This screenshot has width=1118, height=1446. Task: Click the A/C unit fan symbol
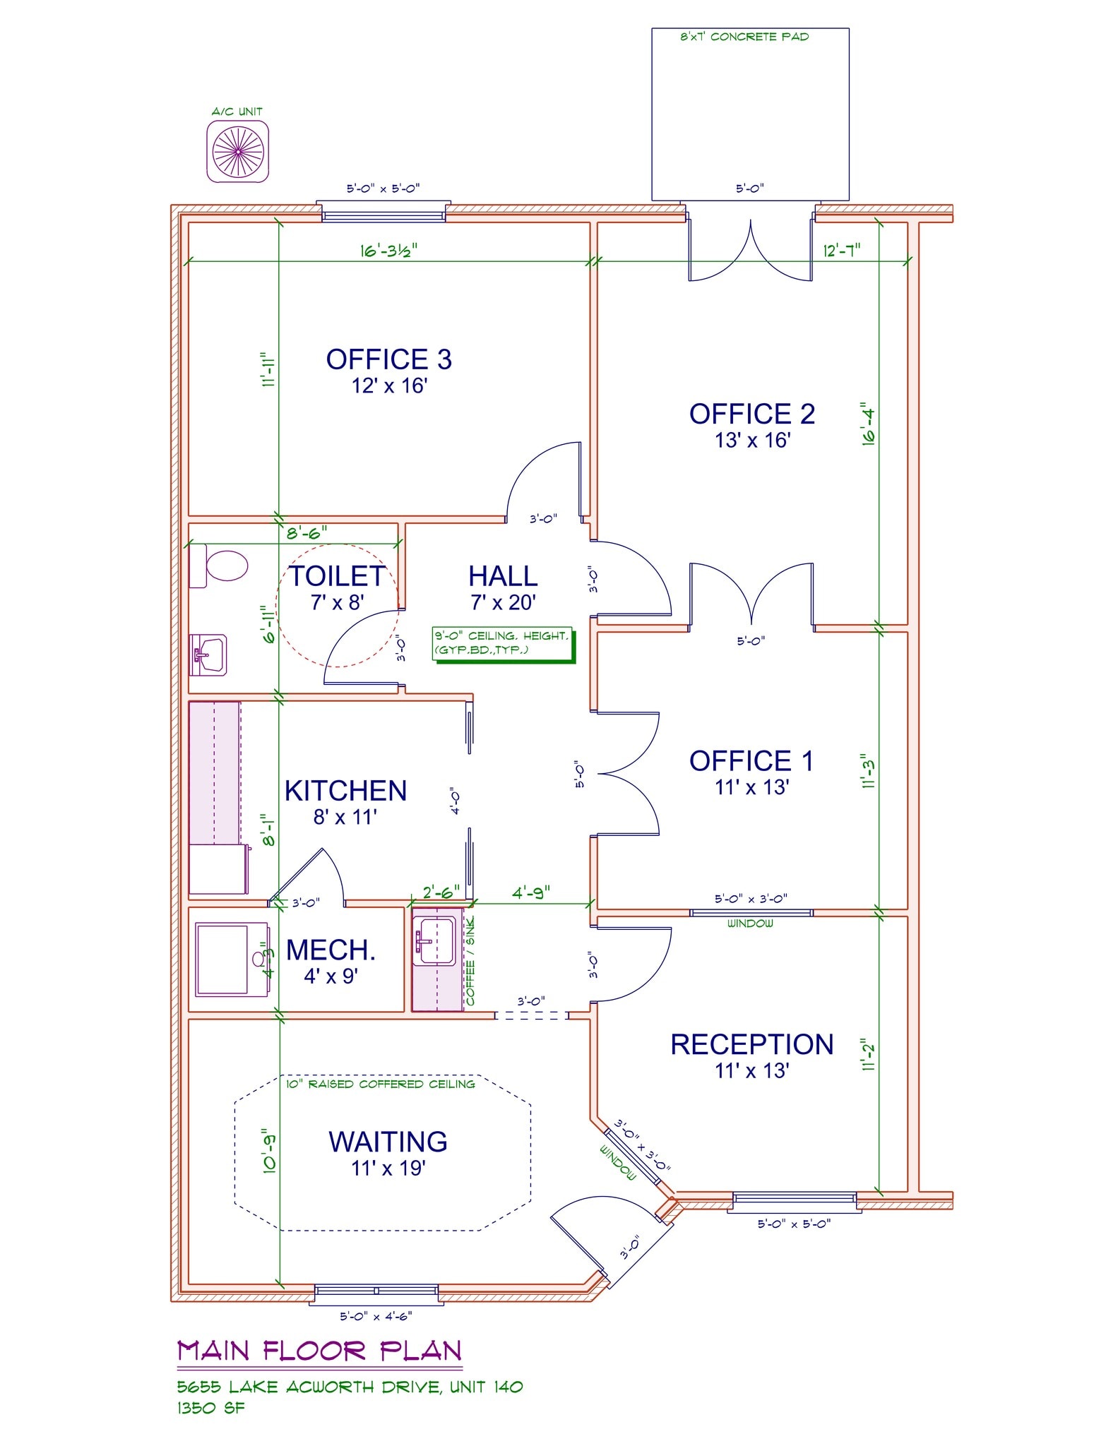238,151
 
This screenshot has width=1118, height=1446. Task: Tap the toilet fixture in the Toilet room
220,566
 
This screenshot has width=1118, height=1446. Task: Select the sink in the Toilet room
209,655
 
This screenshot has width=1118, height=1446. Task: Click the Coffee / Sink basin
434,941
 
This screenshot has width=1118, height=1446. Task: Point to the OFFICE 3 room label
388,359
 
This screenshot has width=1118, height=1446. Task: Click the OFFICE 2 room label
752,414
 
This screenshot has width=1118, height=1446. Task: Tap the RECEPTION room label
752,1044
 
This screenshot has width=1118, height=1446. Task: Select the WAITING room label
388,1142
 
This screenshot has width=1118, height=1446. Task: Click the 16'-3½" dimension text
389,250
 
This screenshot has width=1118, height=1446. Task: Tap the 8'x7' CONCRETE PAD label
744,37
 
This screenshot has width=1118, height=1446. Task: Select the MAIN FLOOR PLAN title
319,1351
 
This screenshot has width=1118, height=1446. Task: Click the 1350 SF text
211,1408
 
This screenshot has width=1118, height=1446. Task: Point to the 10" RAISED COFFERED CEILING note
381,1084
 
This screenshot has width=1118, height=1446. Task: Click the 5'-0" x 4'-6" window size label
376,1316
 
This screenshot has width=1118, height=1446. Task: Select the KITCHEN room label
345,791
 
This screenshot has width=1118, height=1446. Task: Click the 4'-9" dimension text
531,892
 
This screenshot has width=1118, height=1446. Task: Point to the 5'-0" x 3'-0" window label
751,899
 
